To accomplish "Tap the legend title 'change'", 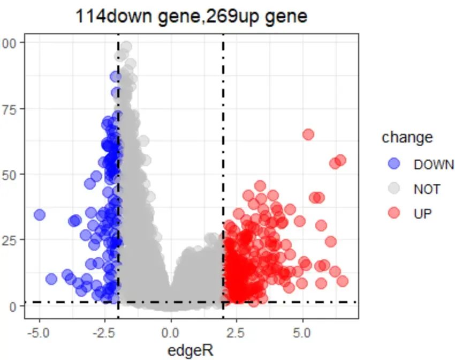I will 407,138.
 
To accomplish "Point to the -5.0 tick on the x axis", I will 39,333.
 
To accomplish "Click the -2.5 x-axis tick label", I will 105,333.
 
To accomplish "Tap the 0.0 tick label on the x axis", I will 171,333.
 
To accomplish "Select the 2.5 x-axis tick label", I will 237,333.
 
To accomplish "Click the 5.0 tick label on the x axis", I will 302,333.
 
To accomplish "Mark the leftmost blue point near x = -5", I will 39,215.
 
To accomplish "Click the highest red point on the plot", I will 308,134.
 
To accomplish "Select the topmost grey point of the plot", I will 126,47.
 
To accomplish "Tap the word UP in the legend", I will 423,213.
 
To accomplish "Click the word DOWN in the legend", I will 434,164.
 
